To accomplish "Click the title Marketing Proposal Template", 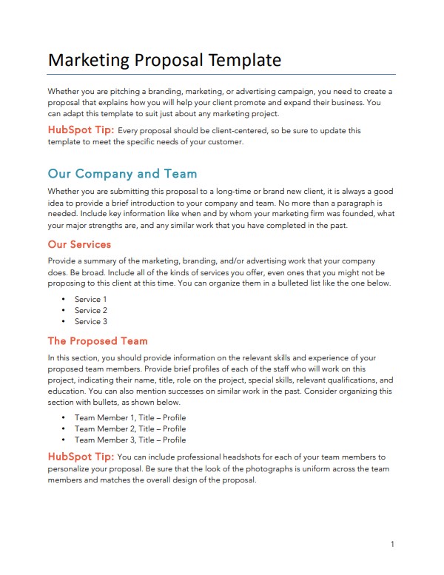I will [x=164, y=60].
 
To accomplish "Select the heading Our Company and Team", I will [x=122, y=174].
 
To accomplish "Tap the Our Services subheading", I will [x=79, y=244].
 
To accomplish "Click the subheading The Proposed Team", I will [x=98, y=341].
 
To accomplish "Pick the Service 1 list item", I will [x=91, y=300].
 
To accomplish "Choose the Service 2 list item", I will [x=91, y=311].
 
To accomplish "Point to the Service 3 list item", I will [x=91, y=322].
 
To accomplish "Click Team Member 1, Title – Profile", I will [x=130, y=417].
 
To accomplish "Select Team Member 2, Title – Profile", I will [x=130, y=428].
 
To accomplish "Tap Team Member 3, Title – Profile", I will [x=130, y=440].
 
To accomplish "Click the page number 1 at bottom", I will [x=392, y=545].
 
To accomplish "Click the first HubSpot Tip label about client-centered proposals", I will [x=81, y=130].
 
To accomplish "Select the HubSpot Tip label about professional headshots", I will [x=81, y=457].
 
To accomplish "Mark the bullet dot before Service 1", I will [x=64, y=300].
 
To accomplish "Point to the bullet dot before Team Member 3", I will [x=64, y=440].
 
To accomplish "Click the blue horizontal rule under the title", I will [x=221, y=75].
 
